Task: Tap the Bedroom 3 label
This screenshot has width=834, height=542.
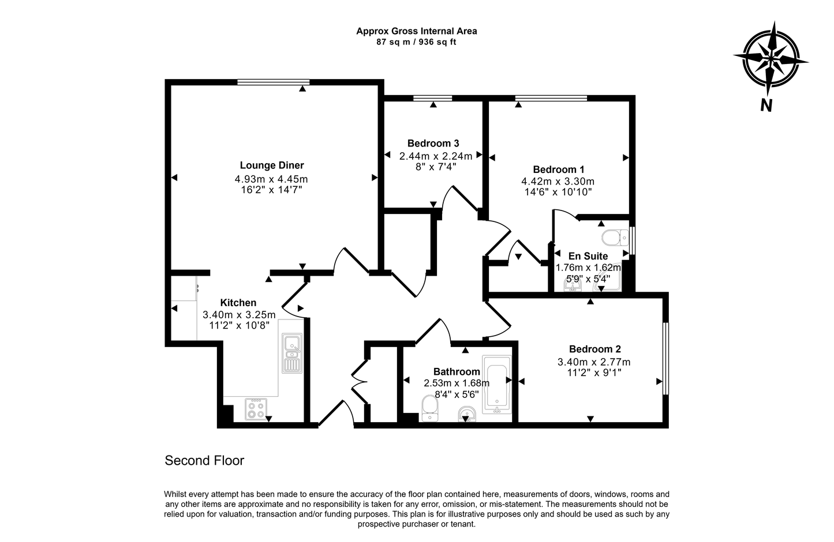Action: (433, 144)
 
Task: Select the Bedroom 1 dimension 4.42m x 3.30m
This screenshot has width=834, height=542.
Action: (558, 181)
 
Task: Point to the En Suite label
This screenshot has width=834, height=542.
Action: (588, 256)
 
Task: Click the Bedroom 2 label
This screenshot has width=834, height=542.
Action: (594, 349)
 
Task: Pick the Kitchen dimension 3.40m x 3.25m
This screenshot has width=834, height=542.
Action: (239, 314)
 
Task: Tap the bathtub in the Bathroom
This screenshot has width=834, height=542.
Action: (496, 385)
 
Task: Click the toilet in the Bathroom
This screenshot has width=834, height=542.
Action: (430, 408)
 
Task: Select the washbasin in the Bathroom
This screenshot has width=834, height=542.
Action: (468, 414)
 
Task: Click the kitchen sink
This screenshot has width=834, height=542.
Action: (292, 353)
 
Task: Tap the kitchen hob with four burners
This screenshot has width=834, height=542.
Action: (256, 409)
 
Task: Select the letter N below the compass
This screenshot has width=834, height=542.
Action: (766, 105)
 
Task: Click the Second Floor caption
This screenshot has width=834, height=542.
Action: (204, 461)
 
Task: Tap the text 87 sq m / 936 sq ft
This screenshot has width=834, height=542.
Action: (416, 42)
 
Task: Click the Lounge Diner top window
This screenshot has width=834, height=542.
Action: (273, 82)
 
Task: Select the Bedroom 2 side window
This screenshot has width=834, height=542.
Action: (665, 358)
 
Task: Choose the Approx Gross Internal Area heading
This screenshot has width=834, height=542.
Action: (416, 31)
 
